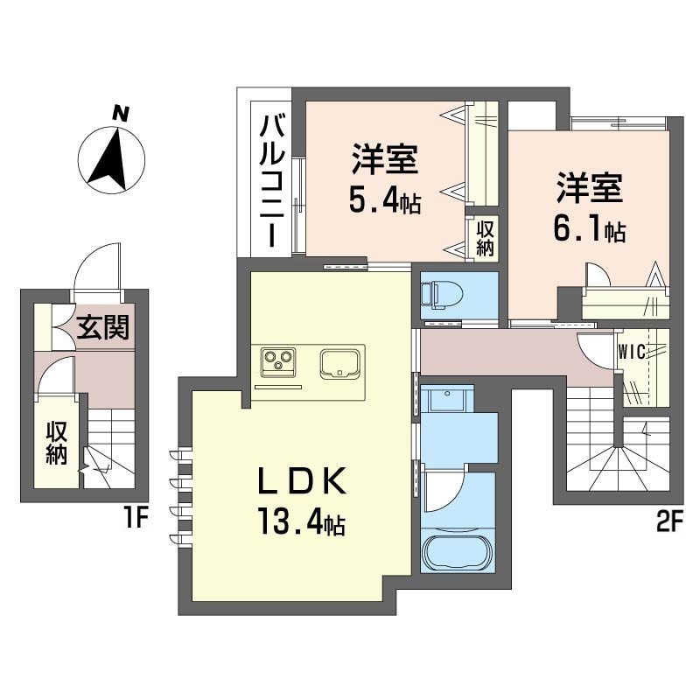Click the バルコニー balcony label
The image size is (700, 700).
(272, 180)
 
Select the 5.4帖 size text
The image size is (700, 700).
(384, 203)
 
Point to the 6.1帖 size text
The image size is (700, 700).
(589, 231)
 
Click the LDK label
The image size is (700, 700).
(302, 480)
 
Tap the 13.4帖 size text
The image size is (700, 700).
(301, 521)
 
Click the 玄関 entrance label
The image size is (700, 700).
(103, 327)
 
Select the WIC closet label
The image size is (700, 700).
(632, 353)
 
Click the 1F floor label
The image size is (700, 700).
(135, 518)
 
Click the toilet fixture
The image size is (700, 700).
(442, 295)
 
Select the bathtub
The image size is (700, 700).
(457, 551)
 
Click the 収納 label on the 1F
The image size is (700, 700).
(57, 444)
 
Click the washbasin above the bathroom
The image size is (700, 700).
(446, 399)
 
